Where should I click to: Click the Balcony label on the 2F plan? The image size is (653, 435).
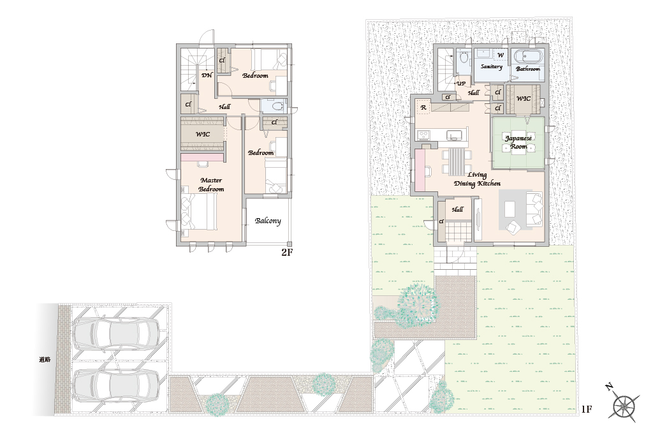(x=268, y=221)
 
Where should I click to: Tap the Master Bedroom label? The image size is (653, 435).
(x=211, y=184)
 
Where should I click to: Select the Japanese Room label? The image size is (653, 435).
(x=518, y=142)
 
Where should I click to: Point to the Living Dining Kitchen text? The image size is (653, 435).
(x=477, y=179)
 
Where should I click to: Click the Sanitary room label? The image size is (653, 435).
(x=492, y=67)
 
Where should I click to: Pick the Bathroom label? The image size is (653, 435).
(x=527, y=69)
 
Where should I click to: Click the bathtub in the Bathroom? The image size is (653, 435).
(x=527, y=56)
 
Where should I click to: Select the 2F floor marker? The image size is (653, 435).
(x=286, y=252)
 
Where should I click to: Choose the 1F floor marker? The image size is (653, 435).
(x=586, y=409)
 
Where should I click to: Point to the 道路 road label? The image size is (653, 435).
(x=45, y=359)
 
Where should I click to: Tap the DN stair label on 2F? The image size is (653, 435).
(x=207, y=75)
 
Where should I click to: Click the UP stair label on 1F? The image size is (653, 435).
(x=461, y=84)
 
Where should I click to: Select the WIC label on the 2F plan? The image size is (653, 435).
(x=203, y=134)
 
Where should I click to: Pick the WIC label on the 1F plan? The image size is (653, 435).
(x=524, y=98)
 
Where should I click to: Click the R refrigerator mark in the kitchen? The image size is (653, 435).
(x=423, y=108)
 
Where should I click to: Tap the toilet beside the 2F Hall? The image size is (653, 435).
(x=276, y=107)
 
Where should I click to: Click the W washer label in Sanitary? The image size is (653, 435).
(x=501, y=55)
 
